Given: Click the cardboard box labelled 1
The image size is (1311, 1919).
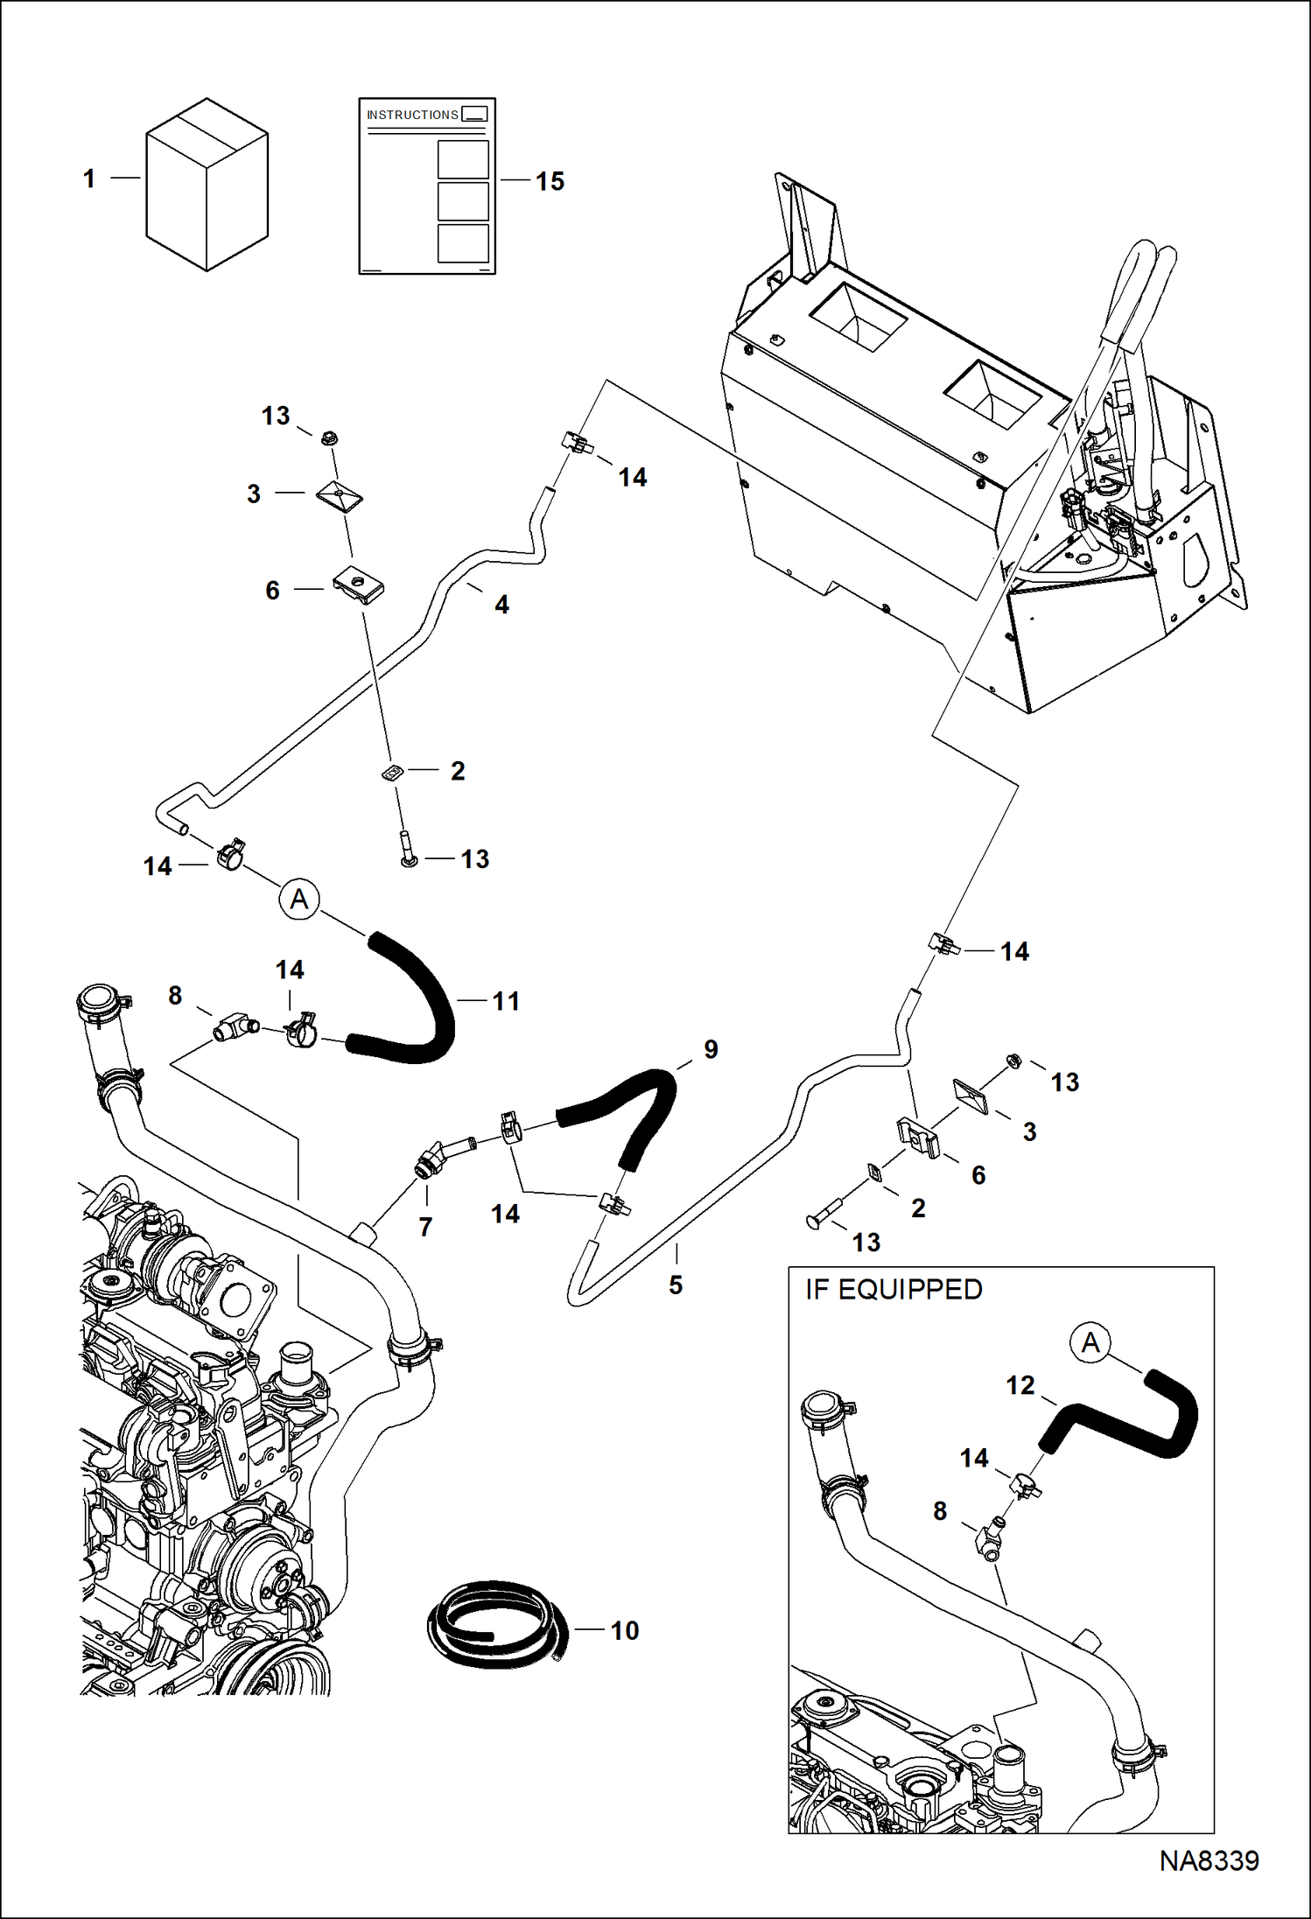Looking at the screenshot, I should coord(207,185).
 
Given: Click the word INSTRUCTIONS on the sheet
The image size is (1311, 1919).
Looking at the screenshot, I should coord(412,116).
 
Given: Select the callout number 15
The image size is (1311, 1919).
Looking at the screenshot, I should coord(550,181).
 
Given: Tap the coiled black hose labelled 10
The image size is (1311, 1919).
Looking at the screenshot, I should coord(495,1629).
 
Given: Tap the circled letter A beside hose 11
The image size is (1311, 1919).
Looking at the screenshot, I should coord(299,900).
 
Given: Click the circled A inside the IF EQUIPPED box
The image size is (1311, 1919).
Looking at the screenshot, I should coord(1090,1342).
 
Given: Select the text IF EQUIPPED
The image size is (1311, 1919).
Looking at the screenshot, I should coord(894,1290).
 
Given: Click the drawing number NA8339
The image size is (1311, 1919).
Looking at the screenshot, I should coord(1209,1860).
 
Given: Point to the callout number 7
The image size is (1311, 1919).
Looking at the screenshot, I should coord(425,1227).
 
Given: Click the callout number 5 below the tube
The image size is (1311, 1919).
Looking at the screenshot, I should coord(676,1285).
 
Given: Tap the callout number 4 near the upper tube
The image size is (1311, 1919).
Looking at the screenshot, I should coord(501,604).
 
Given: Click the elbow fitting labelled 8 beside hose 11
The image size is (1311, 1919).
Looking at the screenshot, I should coord(235,1028).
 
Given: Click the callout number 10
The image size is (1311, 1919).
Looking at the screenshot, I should coord(625,1630).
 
